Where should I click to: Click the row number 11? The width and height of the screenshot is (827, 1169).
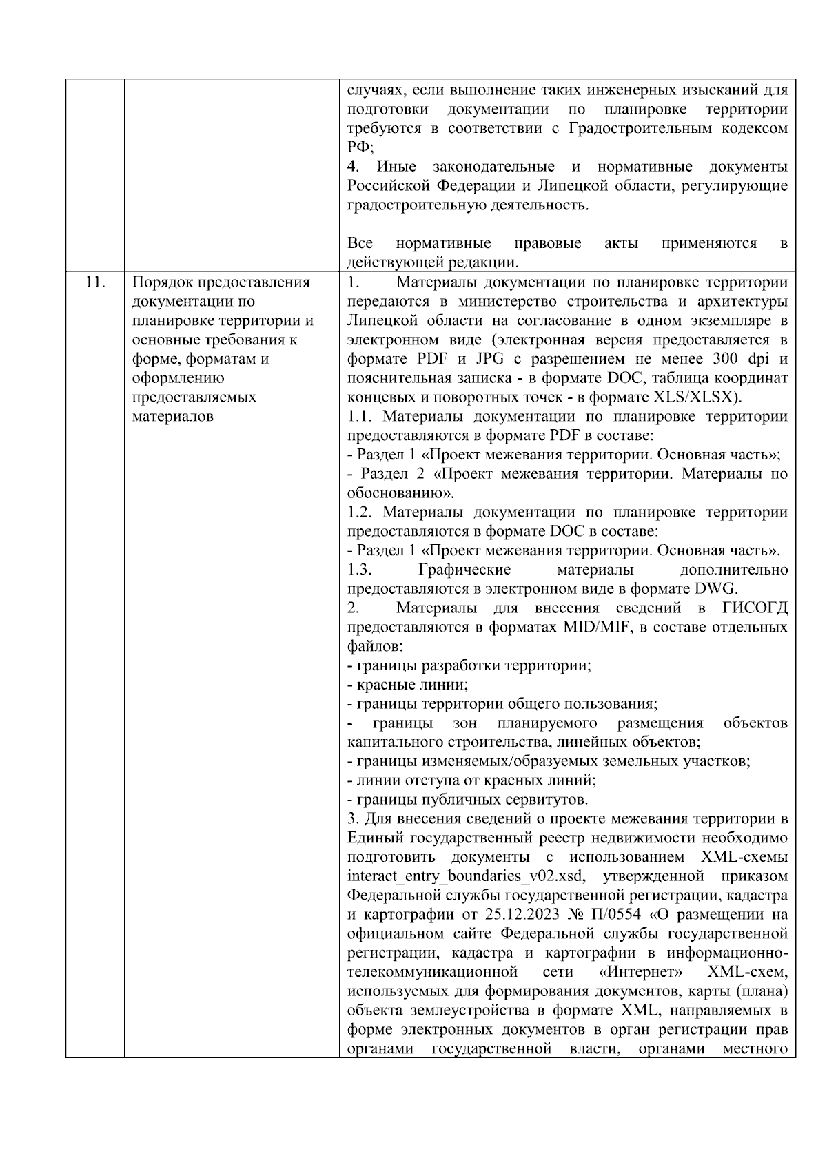pos(95,282)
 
